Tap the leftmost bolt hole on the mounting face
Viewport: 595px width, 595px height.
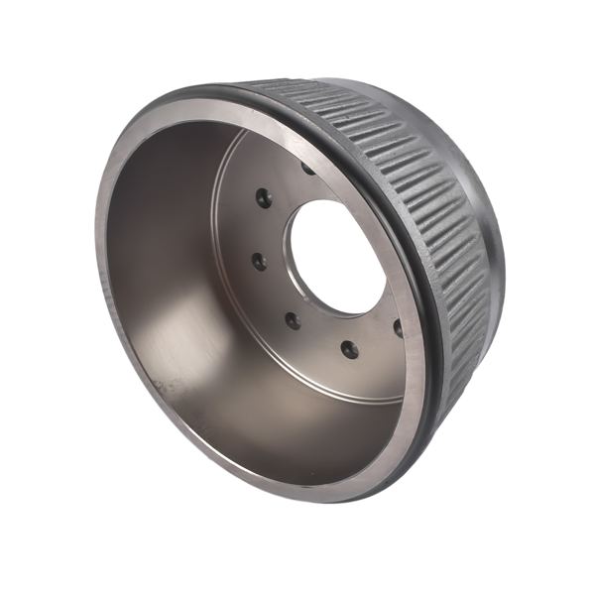[258, 262]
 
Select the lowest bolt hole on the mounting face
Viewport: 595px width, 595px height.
[348, 348]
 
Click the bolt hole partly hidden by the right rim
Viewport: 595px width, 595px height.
[398, 325]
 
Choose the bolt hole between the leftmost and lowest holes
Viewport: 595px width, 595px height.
[293, 318]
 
